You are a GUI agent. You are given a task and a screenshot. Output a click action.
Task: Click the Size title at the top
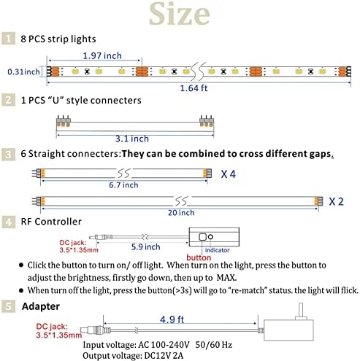coord(180,14)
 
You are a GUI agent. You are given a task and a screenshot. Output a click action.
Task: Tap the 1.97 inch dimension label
coord(102,55)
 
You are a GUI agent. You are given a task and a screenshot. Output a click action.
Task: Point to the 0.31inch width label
coord(23,71)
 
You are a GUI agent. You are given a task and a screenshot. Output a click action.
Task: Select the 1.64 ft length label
coord(194,88)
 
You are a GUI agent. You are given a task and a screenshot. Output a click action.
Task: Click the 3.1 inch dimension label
coord(132,139)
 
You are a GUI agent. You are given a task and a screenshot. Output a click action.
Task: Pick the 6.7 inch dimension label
coord(123,185)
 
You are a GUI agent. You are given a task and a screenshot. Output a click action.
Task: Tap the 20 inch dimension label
coord(181,213)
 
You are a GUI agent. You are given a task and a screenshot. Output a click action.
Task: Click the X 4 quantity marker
coord(228,174)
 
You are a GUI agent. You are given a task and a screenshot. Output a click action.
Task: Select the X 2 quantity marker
coord(336,201)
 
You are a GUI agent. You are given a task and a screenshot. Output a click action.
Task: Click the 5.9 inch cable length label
coord(145,247)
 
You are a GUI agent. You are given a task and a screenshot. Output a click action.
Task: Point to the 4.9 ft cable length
coord(172,319)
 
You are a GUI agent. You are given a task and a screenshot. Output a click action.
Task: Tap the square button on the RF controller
coord(202,237)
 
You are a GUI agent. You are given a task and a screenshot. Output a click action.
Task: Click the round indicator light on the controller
coord(210,236)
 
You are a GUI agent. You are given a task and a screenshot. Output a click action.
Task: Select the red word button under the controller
coord(199,257)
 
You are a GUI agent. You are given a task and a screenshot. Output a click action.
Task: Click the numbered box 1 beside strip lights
coord(8,39)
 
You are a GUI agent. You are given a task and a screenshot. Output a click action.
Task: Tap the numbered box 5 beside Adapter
coord(8,306)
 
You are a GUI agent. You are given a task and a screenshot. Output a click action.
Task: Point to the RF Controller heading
coord(51,222)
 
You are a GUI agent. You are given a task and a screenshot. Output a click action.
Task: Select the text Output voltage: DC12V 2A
coord(133,356)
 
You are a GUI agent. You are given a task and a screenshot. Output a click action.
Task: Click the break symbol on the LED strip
coord(198,71)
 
